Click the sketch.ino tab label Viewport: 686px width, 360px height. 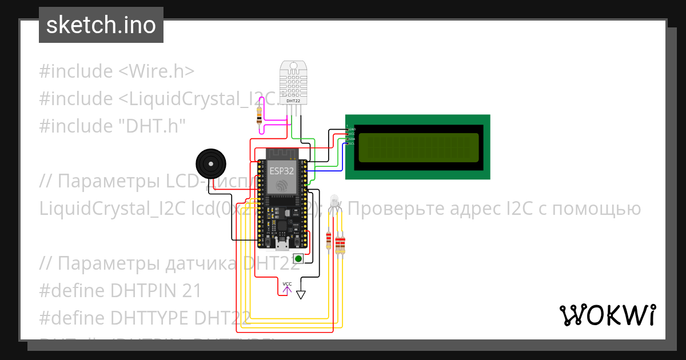[x=101, y=25]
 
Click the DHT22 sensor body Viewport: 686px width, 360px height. [x=294, y=83]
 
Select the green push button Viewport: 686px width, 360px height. [x=298, y=259]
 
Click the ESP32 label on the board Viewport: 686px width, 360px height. [x=282, y=170]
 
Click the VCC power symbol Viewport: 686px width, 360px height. [x=287, y=287]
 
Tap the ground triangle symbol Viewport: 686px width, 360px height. [x=301, y=295]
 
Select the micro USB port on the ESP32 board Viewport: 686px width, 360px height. [x=282, y=246]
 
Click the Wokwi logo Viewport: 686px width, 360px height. [x=607, y=315]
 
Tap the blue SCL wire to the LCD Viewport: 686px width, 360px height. [x=342, y=157]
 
